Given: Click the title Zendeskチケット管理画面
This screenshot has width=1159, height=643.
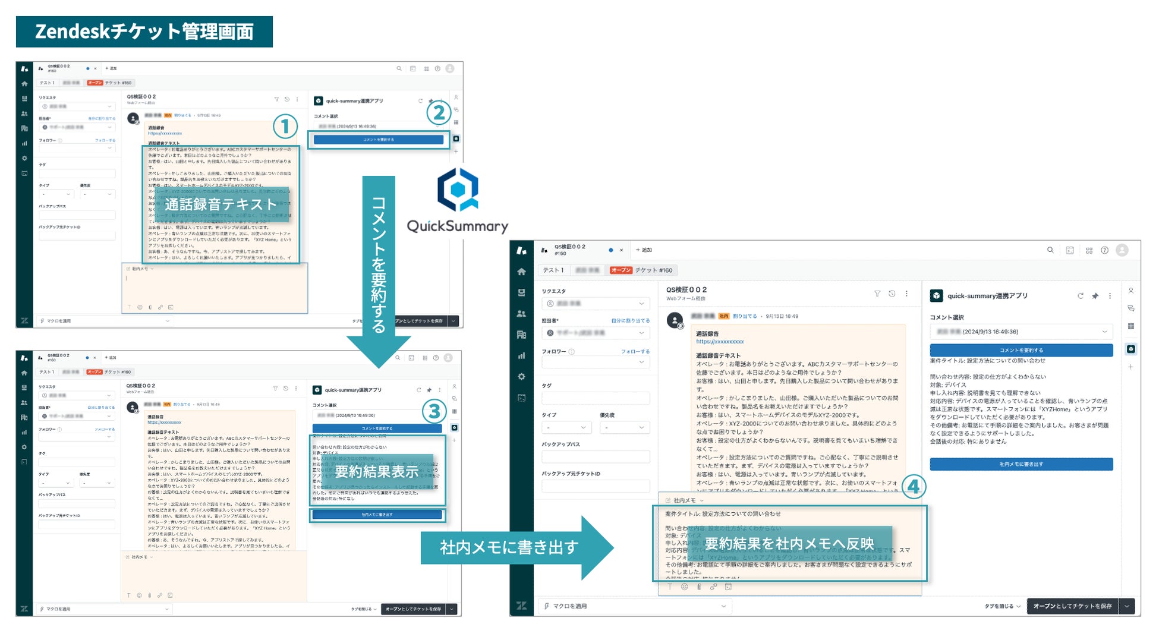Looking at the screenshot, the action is tap(144, 31).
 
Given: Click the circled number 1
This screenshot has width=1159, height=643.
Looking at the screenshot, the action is tap(285, 126).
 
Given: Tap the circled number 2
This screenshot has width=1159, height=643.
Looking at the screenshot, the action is tap(439, 112).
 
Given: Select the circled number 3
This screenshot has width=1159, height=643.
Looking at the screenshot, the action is tap(434, 411).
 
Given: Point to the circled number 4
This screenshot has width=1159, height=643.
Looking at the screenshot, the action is tap(914, 487).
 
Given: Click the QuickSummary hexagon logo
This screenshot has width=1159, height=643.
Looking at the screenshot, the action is tap(458, 190).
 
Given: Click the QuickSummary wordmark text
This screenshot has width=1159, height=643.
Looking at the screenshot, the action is tap(457, 226).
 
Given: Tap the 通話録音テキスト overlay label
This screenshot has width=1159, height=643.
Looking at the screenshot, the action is tap(221, 204).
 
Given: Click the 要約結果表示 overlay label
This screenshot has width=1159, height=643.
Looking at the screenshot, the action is tap(377, 472).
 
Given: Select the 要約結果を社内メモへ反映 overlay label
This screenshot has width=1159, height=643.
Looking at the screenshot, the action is tap(789, 544).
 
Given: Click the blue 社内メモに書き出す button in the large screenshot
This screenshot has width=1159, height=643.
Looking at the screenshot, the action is tap(1021, 464).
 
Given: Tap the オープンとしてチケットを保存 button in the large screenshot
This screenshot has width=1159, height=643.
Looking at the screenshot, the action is tap(1072, 606).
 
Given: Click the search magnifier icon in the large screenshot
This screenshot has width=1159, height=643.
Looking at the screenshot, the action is tap(1050, 250).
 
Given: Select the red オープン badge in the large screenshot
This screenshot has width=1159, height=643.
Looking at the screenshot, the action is tap(621, 270).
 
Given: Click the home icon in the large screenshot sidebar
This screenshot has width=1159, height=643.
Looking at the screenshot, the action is tap(521, 272).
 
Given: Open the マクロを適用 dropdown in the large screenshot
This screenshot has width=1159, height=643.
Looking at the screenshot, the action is tap(636, 606).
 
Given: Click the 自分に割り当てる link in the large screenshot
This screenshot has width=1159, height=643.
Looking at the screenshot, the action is tap(630, 320).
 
